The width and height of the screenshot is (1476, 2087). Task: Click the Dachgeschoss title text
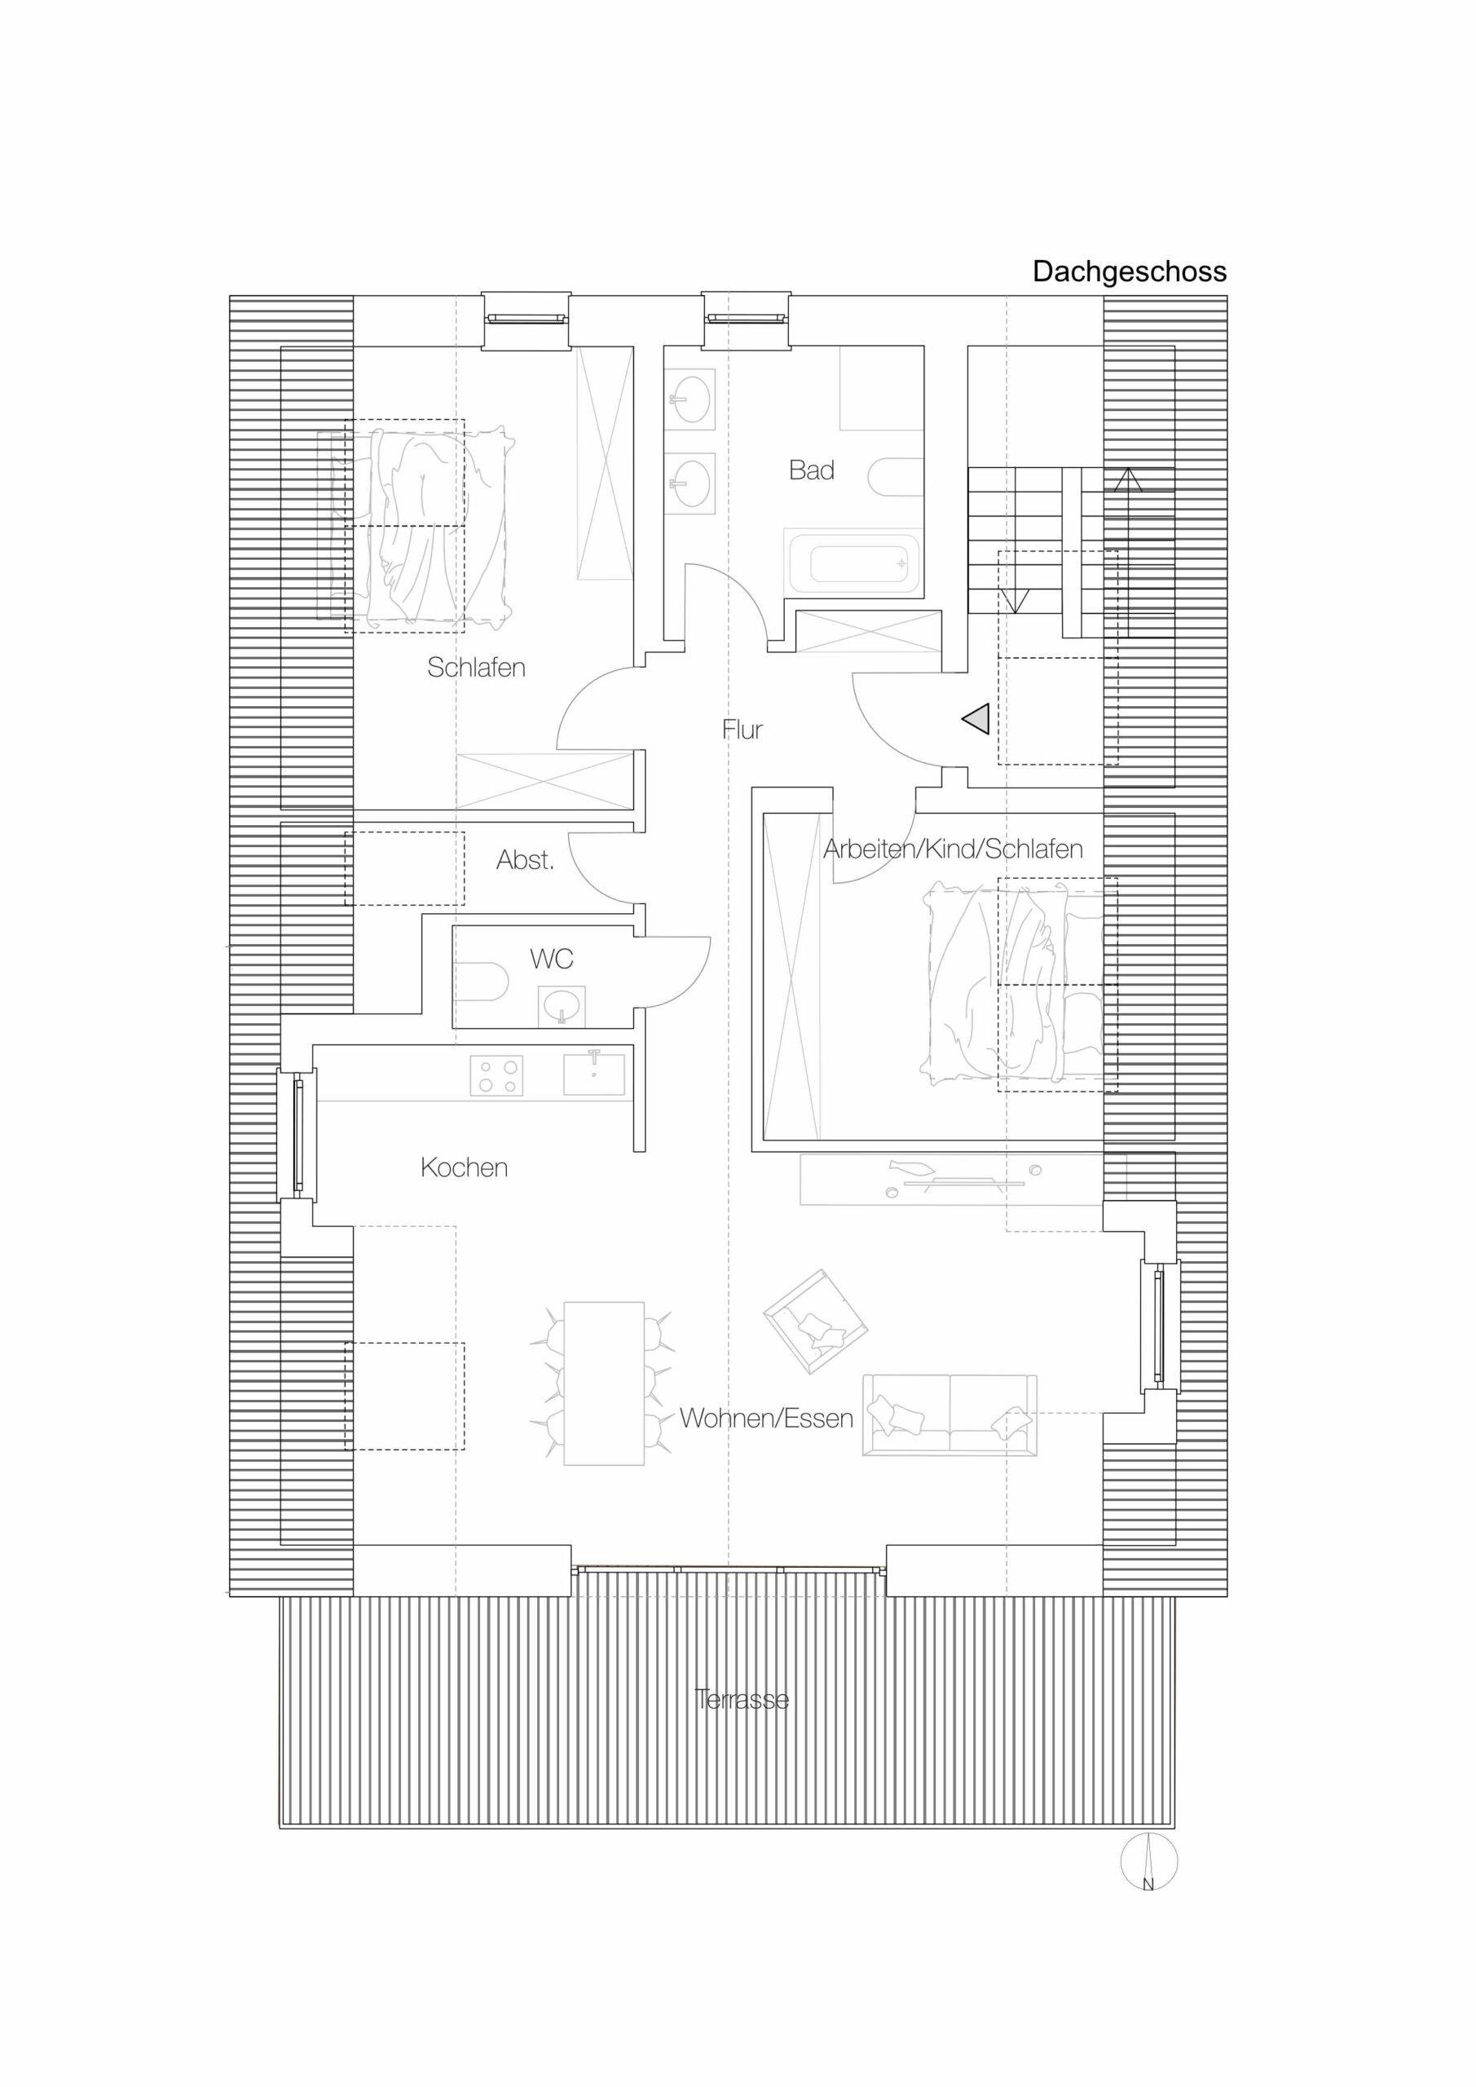point(1129,271)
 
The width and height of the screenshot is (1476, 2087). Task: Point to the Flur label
point(742,729)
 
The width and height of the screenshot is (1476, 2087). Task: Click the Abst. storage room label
point(524,860)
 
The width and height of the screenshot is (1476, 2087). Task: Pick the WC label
point(552,958)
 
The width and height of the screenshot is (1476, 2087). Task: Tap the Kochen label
point(464,1167)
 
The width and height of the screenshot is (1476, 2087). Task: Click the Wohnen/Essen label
point(766,1418)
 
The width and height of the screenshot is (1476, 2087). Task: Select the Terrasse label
point(741,1700)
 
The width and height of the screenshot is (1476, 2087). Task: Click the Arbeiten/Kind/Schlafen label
point(953,849)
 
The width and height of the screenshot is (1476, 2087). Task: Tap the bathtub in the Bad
point(853,563)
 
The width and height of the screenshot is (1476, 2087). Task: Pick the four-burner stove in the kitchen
point(496,1075)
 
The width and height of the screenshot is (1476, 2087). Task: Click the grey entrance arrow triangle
point(976,719)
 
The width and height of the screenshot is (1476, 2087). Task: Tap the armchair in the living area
point(815,1321)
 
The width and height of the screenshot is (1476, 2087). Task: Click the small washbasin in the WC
point(562,1006)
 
